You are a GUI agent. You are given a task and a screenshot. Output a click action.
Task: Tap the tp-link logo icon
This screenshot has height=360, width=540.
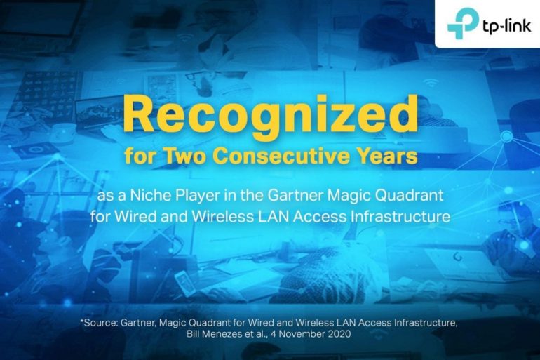[x=463, y=23]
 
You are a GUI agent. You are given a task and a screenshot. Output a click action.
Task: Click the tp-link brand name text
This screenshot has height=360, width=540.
[x=506, y=25]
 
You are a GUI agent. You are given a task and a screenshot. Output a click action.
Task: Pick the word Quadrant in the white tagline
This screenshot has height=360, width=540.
[x=409, y=196]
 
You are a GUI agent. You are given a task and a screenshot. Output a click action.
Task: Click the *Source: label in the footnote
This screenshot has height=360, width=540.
[x=99, y=323]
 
